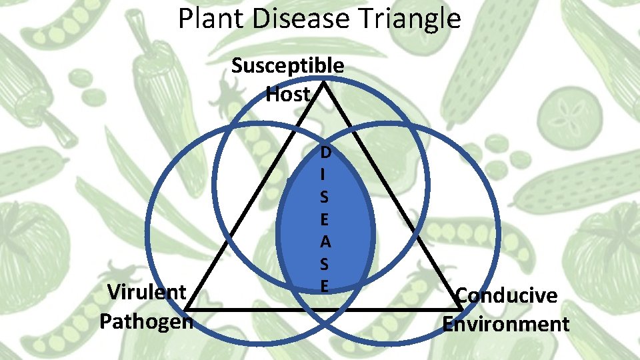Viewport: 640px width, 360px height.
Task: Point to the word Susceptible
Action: click(288, 66)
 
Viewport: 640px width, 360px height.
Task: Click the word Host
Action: click(288, 95)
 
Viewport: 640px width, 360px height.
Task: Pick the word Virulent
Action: click(147, 292)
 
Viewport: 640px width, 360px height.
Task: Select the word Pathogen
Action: click(146, 321)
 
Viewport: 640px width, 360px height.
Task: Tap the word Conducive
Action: click(506, 295)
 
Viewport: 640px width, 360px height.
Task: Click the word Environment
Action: click(506, 324)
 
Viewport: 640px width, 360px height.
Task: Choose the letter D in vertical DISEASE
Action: click(325, 153)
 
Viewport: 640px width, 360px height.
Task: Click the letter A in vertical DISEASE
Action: click(325, 242)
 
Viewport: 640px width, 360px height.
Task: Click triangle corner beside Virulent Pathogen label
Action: click(185, 309)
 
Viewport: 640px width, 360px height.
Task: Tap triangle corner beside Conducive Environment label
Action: click(460, 309)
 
